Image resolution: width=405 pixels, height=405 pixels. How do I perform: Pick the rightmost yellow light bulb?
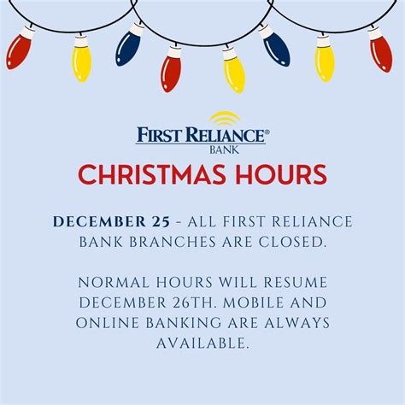pos(325,62)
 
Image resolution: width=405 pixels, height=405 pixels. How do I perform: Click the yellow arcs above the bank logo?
pos(224,119)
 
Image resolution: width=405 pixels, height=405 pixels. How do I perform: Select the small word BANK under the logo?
pos(223,149)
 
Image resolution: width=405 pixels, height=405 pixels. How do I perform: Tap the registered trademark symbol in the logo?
pos(267,132)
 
